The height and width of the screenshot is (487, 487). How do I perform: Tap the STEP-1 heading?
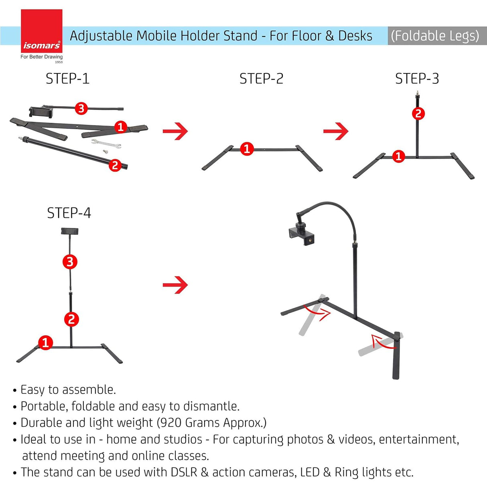67,79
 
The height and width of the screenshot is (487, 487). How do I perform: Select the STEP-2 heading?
261,79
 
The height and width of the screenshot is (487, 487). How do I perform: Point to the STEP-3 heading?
417,79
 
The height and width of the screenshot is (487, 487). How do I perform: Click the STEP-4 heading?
69,213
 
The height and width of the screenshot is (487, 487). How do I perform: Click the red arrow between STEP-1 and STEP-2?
175,131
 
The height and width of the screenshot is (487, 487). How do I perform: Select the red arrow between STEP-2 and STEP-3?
336,131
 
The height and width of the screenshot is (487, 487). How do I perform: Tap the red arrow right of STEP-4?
175,285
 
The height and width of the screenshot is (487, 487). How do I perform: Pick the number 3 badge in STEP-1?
81,108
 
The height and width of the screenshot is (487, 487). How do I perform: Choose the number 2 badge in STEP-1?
115,165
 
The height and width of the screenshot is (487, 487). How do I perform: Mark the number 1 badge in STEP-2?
247,149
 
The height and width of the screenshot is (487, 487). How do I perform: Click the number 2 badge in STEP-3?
418,114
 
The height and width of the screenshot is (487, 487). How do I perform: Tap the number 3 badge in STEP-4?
70,262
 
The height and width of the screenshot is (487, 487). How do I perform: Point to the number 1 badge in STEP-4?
45,343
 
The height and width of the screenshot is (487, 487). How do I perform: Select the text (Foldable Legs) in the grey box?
435,36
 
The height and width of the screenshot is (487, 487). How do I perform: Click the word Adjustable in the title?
101,36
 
